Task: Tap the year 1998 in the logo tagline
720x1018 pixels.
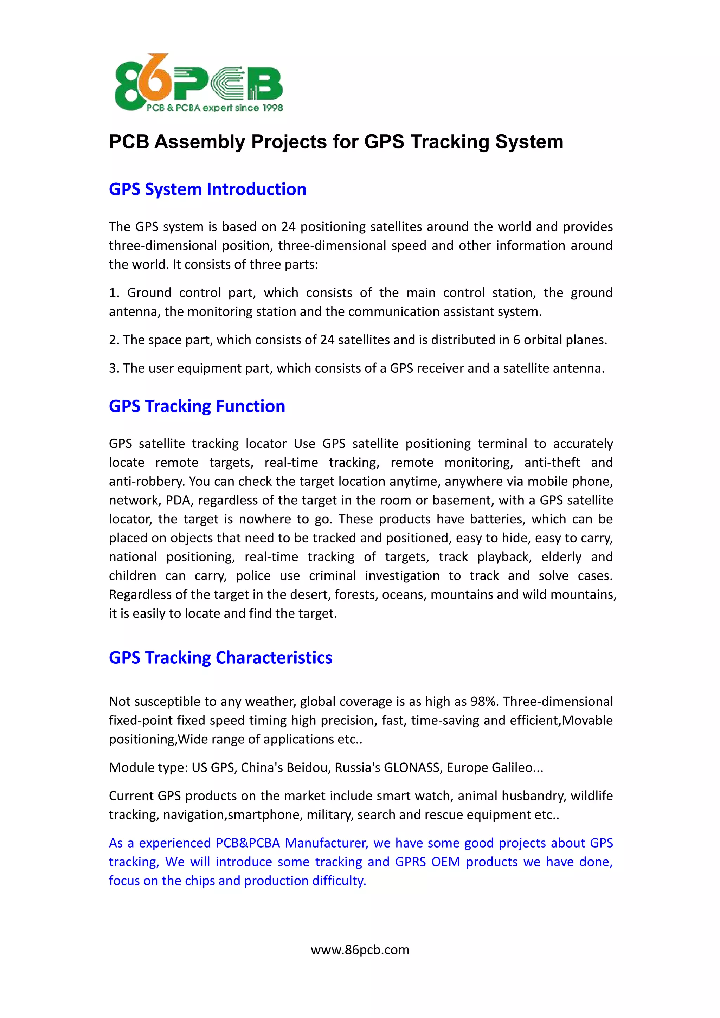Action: click(272, 108)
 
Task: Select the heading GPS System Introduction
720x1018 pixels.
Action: click(207, 189)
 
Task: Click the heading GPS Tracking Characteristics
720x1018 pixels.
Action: click(220, 658)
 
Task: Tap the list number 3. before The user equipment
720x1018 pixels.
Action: click(114, 368)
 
